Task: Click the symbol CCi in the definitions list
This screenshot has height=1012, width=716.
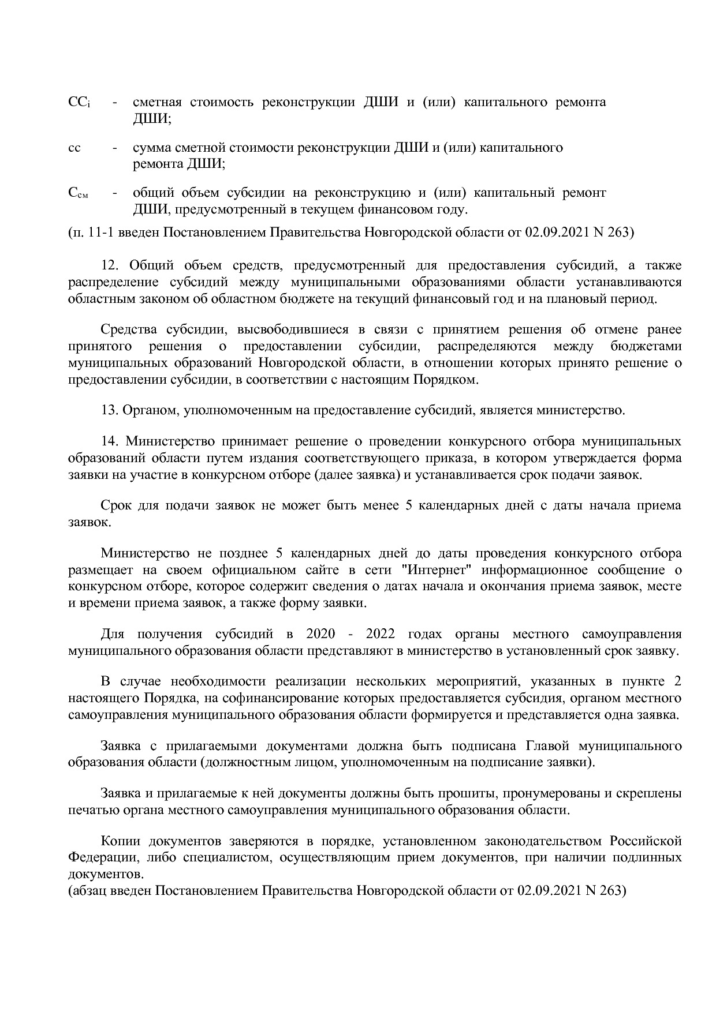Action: pos(79,103)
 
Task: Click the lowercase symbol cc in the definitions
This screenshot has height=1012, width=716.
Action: pos(74,148)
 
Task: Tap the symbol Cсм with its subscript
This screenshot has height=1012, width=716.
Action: pos(78,193)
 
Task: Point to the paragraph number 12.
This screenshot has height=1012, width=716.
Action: pos(109,265)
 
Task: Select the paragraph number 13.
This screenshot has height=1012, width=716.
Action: pos(109,411)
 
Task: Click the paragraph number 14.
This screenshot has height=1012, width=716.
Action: pos(109,441)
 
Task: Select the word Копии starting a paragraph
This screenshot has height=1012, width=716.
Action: pos(120,841)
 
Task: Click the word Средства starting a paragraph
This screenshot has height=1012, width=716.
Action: pos(129,329)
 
